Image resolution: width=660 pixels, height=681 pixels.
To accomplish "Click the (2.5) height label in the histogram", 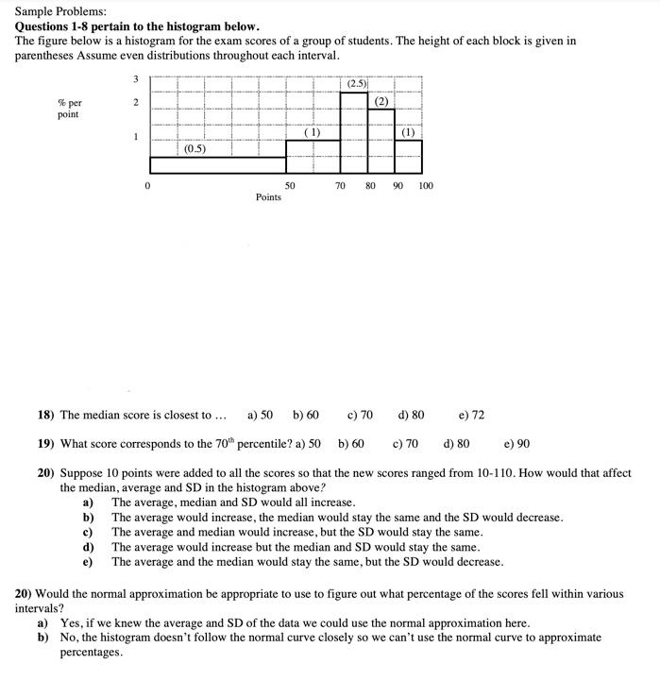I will click(356, 84).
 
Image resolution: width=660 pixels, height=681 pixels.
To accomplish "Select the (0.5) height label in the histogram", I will click(195, 148).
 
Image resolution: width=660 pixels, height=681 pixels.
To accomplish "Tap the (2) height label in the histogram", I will click(381, 101).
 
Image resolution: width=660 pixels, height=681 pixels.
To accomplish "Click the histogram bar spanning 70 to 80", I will click(354, 137).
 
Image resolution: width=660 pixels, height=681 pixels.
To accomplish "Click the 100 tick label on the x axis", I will click(425, 186).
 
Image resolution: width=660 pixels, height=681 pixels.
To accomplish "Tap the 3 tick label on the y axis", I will click(135, 78).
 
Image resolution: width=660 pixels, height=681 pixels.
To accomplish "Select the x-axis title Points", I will click(268, 197).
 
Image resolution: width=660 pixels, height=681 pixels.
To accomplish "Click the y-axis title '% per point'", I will click(68, 108).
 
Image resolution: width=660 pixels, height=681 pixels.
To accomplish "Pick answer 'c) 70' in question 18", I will click(360, 415).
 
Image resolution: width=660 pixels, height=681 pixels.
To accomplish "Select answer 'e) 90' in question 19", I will click(517, 443).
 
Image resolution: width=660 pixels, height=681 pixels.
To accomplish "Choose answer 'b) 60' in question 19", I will click(351, 443).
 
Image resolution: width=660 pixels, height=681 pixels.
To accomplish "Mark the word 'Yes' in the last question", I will click(70, 623).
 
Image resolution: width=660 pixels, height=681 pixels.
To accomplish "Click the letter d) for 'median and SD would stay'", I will click(89, 547).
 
